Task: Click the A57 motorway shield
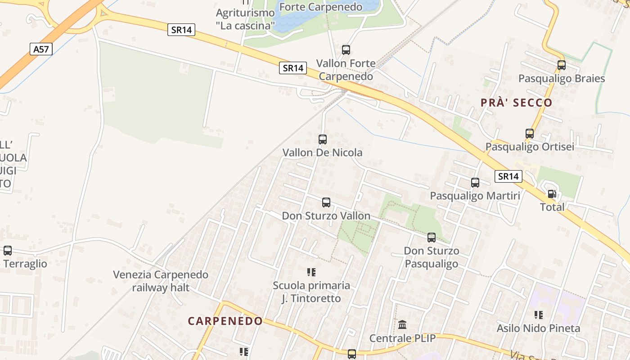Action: click(x=41, y=49)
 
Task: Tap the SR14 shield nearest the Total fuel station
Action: click(x=508, y=176)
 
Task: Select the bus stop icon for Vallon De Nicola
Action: click(x=323, y=139)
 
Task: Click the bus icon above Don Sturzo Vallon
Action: click(x=326, y=202)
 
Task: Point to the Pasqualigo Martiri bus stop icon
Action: click(x=475, y=183)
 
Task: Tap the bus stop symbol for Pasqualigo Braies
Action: click(x=562, y=65)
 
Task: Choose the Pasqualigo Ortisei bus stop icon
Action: click(x=530, y=134)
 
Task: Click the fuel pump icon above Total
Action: click(x=552, y=194)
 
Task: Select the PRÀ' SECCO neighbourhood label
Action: click(x=516, y=103)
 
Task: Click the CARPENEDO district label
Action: click(x=225, y=321)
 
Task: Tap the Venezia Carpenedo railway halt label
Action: click(x=161, y=281)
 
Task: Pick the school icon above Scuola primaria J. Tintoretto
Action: click(x=311, y=272)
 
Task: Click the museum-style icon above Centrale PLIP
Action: click(x=402, y=324)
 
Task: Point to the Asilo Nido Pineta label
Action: click(x=538, y=328)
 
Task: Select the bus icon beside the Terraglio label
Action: click(x=8, y=251)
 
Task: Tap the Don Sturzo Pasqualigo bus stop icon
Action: click(x=432, y=238)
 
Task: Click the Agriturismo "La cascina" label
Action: click(x=245, y=19)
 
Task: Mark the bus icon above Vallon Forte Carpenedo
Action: click(x=346, y=50)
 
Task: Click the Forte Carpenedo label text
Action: click(x=321, y=7)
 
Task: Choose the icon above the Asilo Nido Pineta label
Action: click(x=538, y=315)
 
